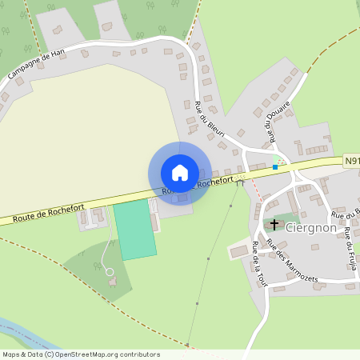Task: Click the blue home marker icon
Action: coord(180,173)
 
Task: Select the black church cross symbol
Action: coord(274,225)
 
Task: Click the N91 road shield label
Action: coord(352,161)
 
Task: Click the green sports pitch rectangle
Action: coord(134,230)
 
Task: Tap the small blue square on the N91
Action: coord(275,166)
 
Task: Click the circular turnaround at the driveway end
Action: coord(110,272)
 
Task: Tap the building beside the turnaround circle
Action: coord(112,282)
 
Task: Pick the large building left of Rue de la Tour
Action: coord(239,252)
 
